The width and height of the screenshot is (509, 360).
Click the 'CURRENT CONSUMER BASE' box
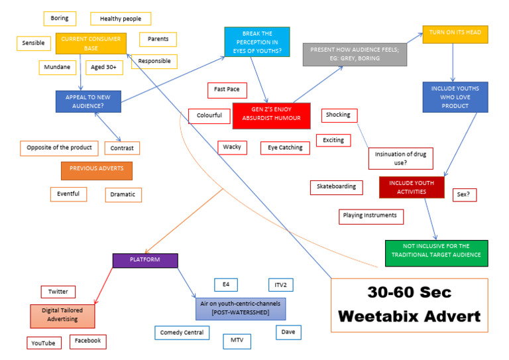tap(90, 43)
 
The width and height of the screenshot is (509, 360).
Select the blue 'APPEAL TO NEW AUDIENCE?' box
tap(87, 101)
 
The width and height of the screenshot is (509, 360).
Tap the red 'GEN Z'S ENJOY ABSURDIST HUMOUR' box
tap(272, 115)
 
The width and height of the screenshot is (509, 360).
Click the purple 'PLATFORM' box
tap(144, 260)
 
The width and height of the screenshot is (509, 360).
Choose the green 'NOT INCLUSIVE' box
tap(436, 253)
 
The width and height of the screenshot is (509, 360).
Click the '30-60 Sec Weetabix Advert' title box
tap(409, 305)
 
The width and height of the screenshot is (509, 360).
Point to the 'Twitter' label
tap(58, 292)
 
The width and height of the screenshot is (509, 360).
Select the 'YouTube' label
tap(44, 343)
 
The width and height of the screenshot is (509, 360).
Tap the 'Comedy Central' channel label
tap(182, 332)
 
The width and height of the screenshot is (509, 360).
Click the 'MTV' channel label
tap(237, 341)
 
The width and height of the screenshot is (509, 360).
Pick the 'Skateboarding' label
tap(336, 187)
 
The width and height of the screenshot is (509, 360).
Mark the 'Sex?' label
tap(465, 194)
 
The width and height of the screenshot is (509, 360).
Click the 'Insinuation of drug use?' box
tap(400, 158)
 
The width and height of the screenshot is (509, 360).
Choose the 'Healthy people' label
tap(121, 19)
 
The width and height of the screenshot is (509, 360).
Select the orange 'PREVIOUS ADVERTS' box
tap(96, 169)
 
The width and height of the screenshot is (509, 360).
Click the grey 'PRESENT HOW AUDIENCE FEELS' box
tap(355, 54)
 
